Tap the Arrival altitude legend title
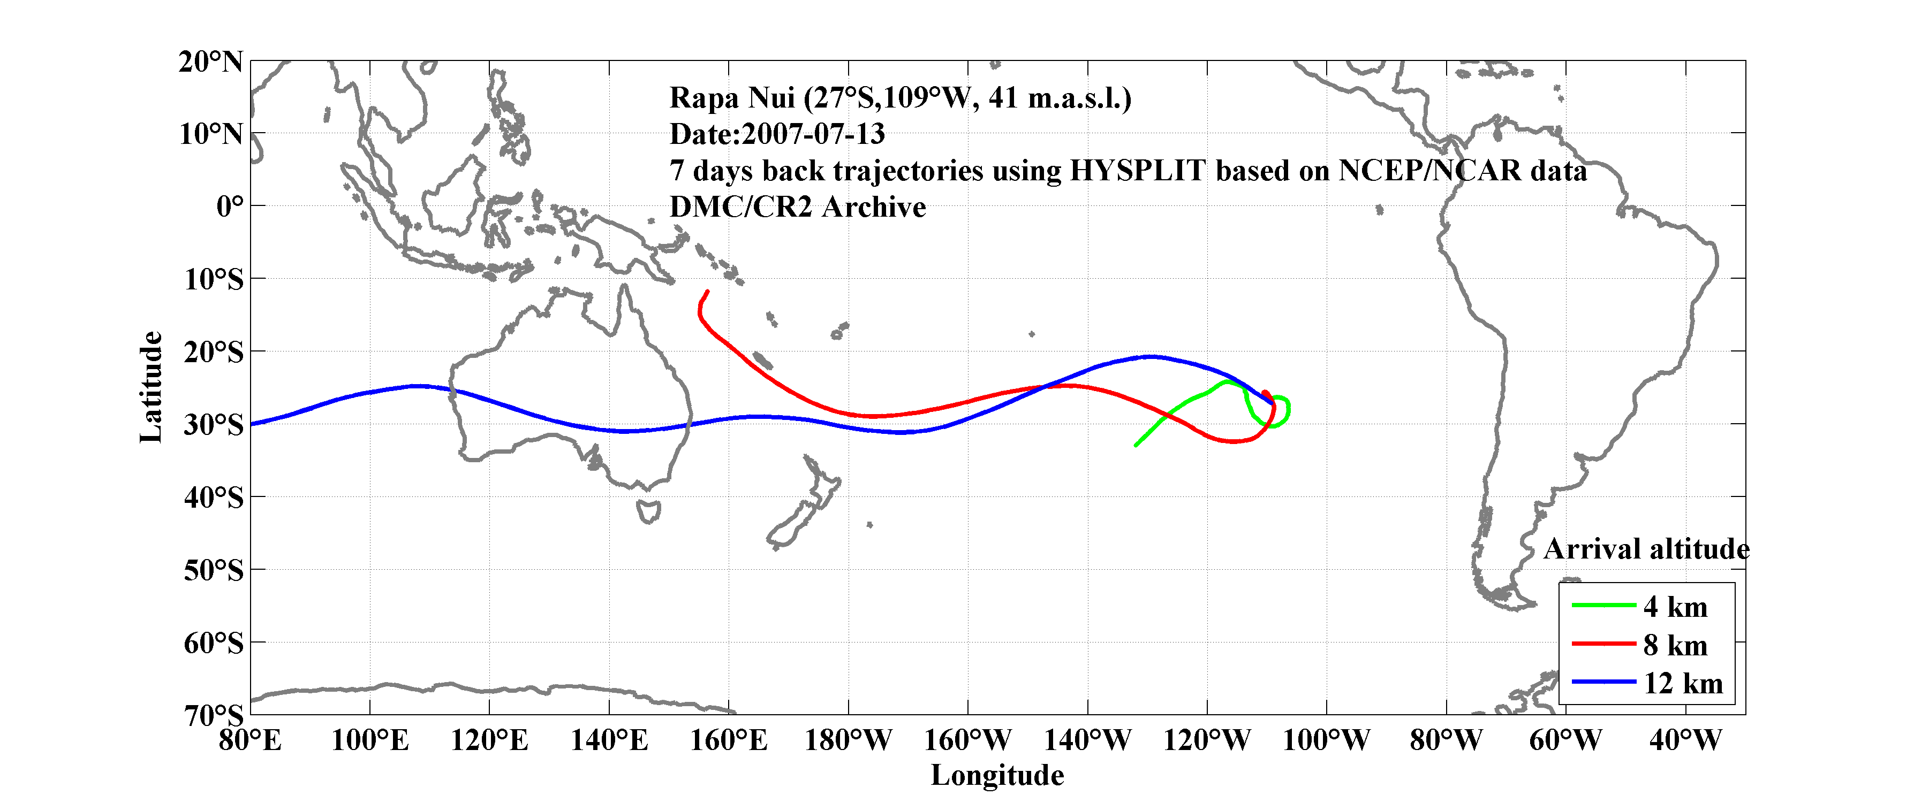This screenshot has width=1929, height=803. [x=1646, y=549]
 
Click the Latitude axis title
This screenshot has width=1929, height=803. [x=150, y=387]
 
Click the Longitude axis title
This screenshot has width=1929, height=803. [x=997, y=775]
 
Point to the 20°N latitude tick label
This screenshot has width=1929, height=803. [x=210, y=62]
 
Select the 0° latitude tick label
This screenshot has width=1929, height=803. [x=229, y=206]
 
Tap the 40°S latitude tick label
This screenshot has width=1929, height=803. [x=214, y=497]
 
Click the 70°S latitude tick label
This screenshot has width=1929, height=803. [x=214, y=715]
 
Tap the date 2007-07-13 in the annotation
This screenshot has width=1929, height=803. [x=813, y=134]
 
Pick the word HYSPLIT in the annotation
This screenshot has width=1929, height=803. [x=1137, y=171]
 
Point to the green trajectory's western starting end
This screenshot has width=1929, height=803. [x=1136, y=445]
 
